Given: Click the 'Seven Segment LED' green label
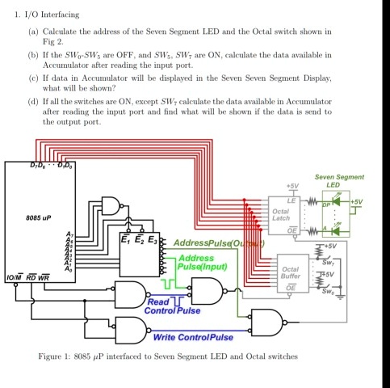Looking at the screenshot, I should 338,180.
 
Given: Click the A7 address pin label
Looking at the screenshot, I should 70,234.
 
